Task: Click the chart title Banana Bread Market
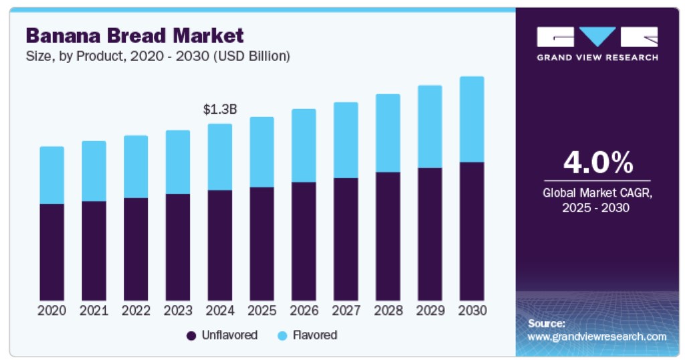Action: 134,35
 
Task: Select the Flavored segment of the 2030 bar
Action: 472,119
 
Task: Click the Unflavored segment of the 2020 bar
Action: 52,252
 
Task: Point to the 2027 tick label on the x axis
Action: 346,310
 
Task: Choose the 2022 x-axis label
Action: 136,310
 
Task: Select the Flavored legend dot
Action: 282,335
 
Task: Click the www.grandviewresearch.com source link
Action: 597,337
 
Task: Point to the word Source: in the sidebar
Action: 547,323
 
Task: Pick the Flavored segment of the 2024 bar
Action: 219,157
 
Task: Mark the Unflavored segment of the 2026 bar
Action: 304,241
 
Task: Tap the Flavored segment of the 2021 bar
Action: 94,171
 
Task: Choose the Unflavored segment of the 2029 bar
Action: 429,234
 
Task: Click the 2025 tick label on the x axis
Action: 262,310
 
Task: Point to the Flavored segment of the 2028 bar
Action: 388,133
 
